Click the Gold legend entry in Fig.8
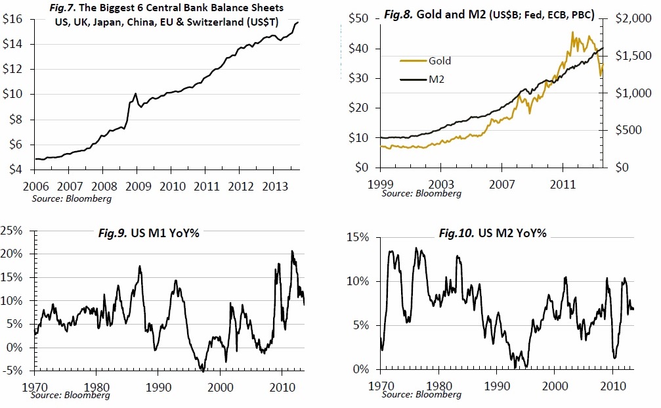[x=439, y=60]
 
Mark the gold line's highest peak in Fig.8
[x=572, y=32]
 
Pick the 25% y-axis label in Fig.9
[x=15, y=230]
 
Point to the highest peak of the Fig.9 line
[x=292, y=251]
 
